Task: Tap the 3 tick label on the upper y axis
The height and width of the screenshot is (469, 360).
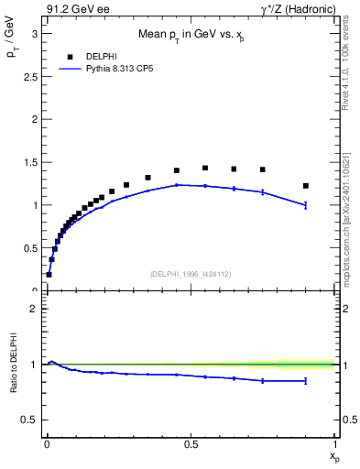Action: point(35,34)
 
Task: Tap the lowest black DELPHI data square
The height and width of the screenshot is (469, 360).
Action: point(49,274)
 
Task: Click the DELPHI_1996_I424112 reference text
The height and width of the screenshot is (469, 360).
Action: point(191,273)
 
